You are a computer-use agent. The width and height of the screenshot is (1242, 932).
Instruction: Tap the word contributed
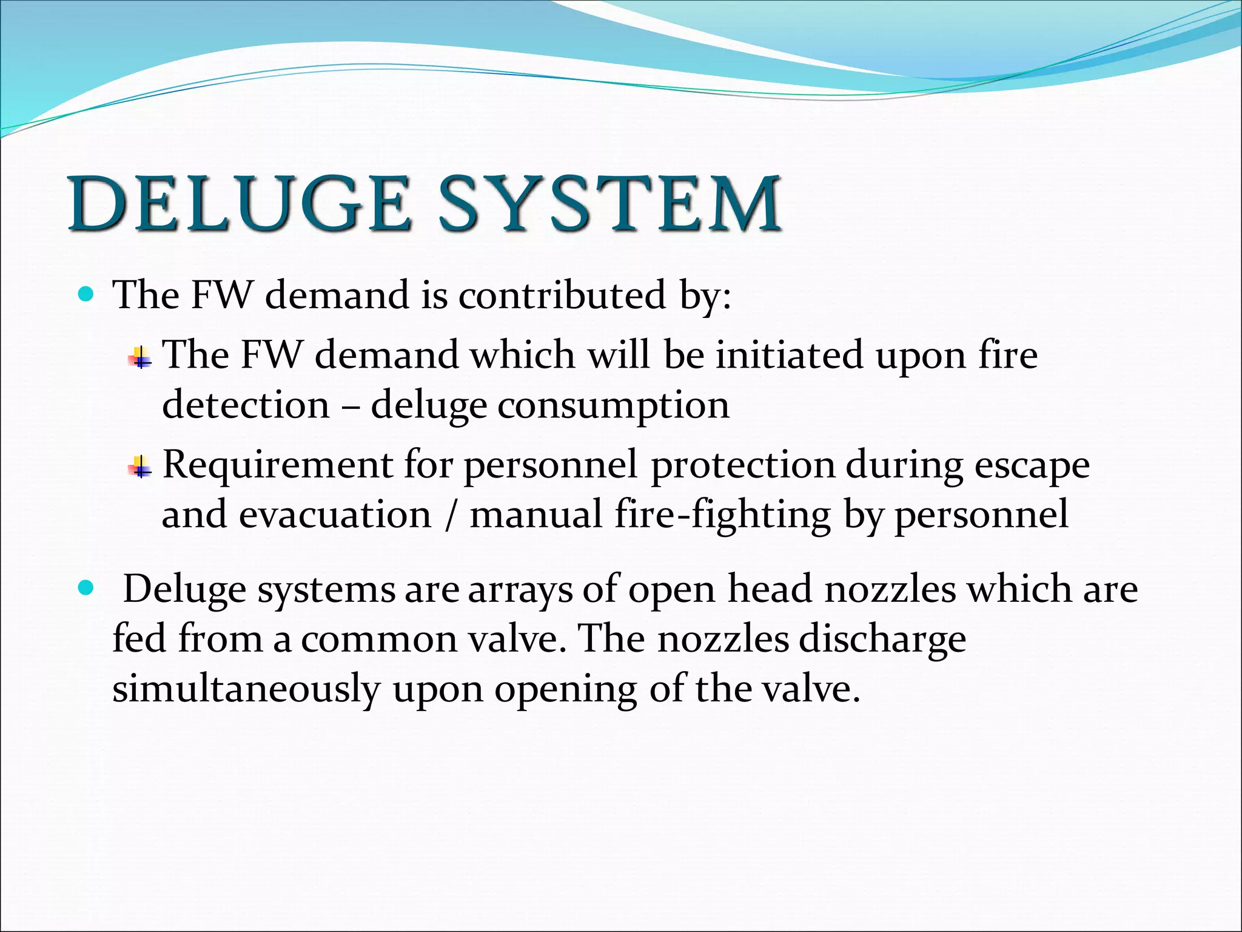pyautogui.click(x=561, y=295)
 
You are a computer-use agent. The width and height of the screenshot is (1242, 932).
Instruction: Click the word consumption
pyautogui.click(x=613, y=405)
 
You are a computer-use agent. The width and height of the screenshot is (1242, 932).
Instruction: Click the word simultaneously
pyautogui.click(x=246, y=689)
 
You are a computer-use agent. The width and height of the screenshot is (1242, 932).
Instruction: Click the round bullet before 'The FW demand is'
pyautogui.click(x=87, y=295)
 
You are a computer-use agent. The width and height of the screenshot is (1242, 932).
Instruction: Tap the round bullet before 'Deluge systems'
pyautogui.click(x=87, y=588)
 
